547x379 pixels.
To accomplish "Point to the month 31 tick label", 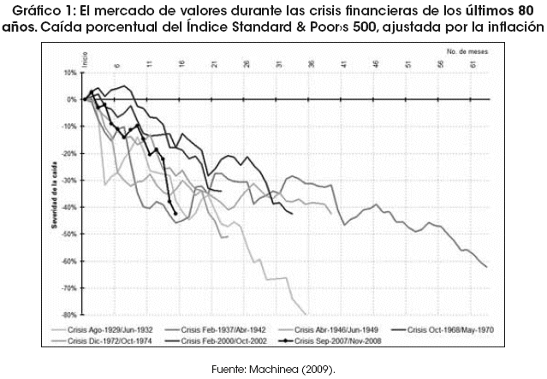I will pyautogui.click(x=280, y=64).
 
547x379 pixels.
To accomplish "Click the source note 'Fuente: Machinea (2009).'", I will pyautogui.click(x=273, y=369).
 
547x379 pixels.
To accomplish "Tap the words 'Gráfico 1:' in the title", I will pyautogui.click(x=43, y=9).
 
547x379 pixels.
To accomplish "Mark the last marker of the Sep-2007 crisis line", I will pyautogui.click(x=175, y=214).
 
